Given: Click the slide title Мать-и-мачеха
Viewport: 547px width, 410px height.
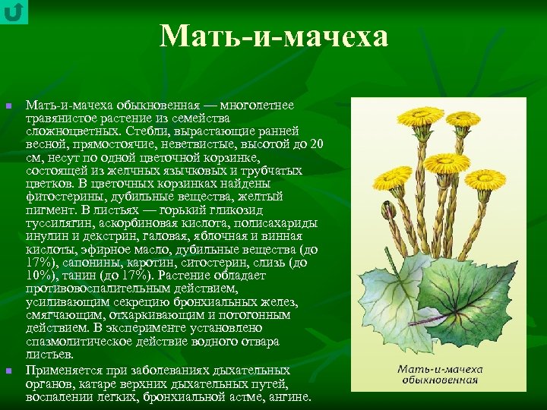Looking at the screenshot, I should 273,36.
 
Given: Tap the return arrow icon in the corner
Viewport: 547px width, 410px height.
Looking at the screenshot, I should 14,12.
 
